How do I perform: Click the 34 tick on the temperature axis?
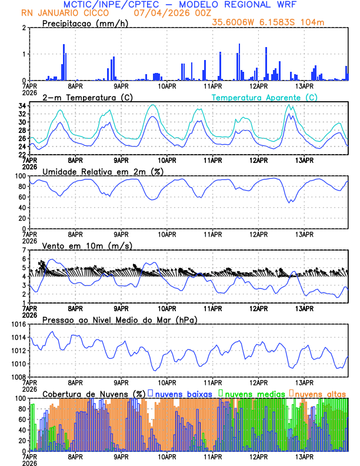[x=21, y=106]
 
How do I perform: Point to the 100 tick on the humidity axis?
[x=19, y=176]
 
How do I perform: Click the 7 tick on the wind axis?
[x=24, y=249]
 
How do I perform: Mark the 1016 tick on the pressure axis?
[x=16, y=324]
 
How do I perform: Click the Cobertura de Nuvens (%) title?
[x=94, y=393]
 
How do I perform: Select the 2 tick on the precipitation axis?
[x=24, y=28]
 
